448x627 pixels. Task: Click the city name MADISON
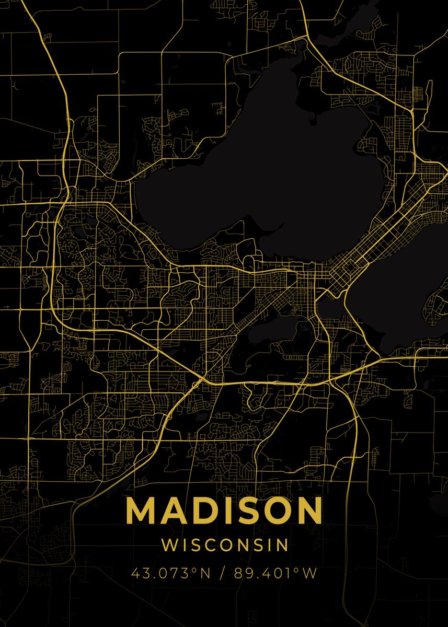pyautogui.click(x=224, y=510)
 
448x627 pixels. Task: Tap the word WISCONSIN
pyautogui.click(x=225, y=545)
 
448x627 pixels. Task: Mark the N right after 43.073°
pyautogui.click(x=205, y=573)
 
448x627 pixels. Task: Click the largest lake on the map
pyautogui.click(x=272, y=172)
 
